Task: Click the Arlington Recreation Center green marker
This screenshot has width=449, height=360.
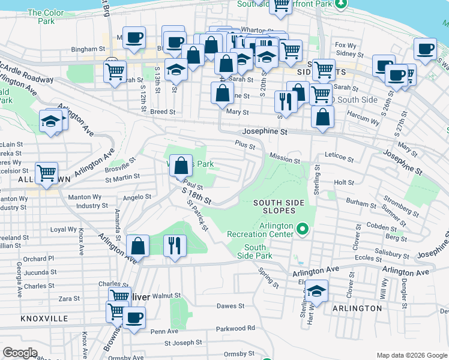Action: click(x=303, y=229)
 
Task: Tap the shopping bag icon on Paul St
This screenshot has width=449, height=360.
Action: click(x=181, y=165)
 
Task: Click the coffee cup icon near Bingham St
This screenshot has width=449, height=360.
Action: click(x=134, y=37)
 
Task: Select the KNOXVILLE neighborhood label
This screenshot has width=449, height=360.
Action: click(x=44, y=319)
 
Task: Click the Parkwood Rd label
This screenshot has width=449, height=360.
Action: click(x=235, y=328)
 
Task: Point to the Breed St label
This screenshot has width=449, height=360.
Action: click(x=163, y=112)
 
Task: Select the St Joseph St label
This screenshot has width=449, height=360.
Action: click(x=184, y=343)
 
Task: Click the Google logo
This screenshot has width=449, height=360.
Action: click(x=20, y=353)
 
